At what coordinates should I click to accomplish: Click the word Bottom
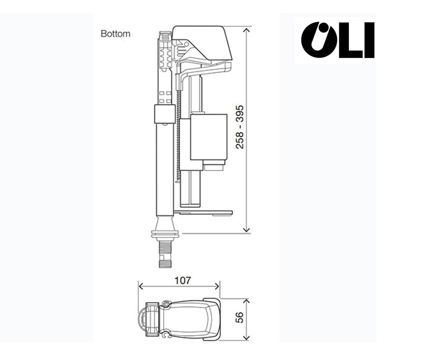pyautogui.click(x=115, y=34)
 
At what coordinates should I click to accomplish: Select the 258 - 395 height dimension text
pyautogui.click(x=240, y=126)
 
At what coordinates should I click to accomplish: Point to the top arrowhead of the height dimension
pyautogui.click(x=247, y=31)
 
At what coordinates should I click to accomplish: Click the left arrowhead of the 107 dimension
pyautogui.click(x=141, y=286)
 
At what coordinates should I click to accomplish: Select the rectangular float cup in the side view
pyautogui.click(x=209, y=137)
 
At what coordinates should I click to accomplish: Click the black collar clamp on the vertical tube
pyautogui.click(x=163, y=114)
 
